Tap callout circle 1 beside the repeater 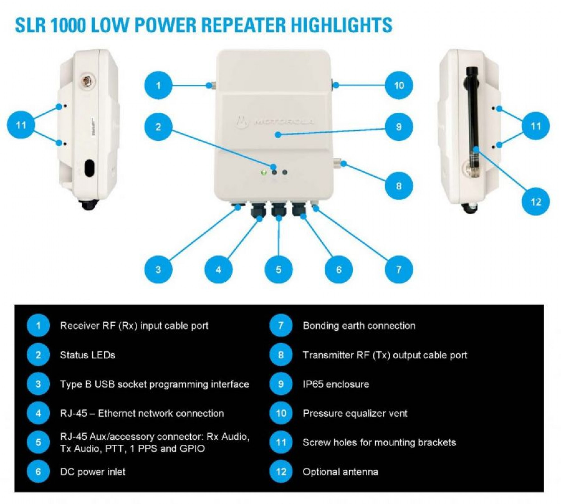tap(158, 85)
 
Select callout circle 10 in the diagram tap(399, 85)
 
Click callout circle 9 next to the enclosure tap(399, 127)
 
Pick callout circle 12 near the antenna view tap(535, 202)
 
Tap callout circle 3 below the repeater tap(158, 270)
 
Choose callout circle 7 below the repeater tap(399, 270)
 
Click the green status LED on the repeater tap(263, 172)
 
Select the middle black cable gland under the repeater tap(278, 210)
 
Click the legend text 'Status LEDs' tap(88, 355)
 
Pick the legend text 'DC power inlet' tap(93, 471)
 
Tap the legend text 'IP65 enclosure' tap(336, 384)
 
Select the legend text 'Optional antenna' tap(340, 471)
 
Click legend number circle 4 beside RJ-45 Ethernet tap(38, 413)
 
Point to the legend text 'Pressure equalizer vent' tap(355, 413)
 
